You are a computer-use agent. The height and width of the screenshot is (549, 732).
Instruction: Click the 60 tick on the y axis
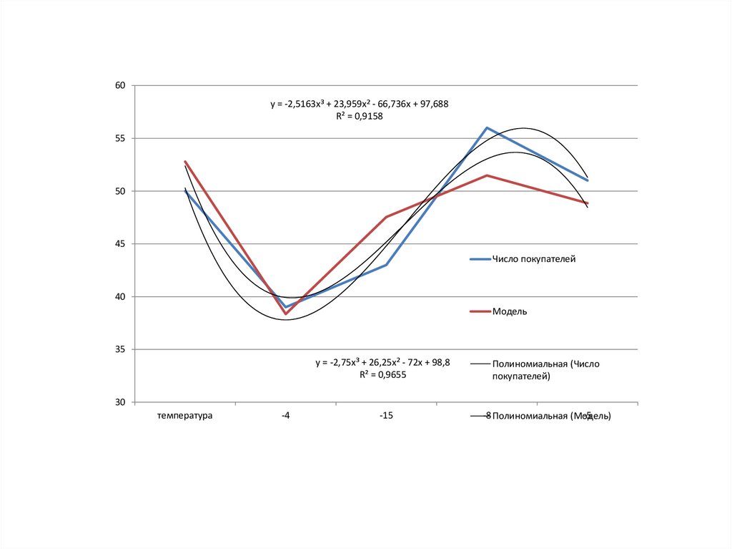[x=120, y=86]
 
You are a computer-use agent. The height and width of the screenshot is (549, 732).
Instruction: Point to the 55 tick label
[x=120, y=138]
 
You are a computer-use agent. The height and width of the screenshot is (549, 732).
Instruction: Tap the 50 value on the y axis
[x=120, y=191]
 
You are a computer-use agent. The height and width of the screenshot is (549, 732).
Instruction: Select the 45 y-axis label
[x=120, y=244]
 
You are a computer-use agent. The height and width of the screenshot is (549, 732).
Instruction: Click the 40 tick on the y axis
[x=120, y=297]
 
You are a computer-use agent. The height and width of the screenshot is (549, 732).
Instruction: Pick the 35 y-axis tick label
[x=120, y=349]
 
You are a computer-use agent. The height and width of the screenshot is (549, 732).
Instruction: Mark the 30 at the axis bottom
[x=120, y=402]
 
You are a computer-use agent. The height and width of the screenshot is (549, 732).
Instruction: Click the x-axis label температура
[x=185, y=415]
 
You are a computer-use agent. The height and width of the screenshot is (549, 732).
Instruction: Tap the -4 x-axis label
[x=286, y=415]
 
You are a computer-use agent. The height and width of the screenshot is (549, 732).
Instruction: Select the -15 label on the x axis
[x=387, y=415]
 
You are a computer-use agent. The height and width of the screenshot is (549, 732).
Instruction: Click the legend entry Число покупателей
[x=533, y=259]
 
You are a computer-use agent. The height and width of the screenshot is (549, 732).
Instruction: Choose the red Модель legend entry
[x=509, y=311]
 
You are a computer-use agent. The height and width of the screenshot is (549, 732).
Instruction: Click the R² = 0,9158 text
[x=360, y=116]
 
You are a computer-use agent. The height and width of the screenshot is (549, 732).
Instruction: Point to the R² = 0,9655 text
[x=383, y=374]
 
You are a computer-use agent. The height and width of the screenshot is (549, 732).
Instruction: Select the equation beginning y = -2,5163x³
[x=360, y=104]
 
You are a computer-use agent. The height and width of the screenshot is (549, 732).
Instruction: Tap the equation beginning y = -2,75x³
[x=383, y=362]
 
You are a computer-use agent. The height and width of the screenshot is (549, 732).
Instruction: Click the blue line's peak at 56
[x=487, y=128]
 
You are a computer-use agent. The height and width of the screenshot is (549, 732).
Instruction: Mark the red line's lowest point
[x=285, y=314]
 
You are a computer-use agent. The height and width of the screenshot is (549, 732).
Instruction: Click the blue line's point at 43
[x=387, y=265]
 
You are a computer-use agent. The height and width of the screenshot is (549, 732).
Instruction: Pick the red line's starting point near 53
[x=185, y=162]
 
